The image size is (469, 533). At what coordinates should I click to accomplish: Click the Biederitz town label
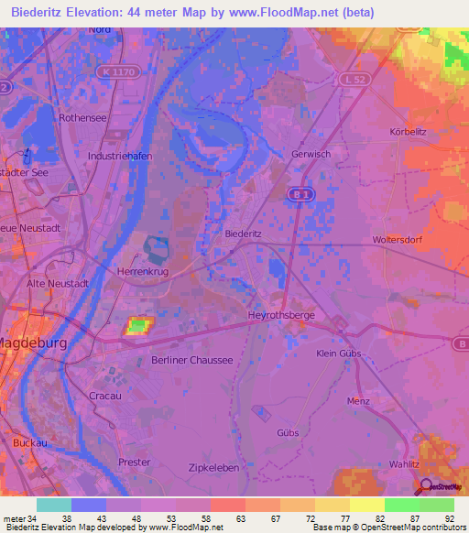(x=244, y=234)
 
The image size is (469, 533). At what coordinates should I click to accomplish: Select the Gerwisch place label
(x=311, y=154)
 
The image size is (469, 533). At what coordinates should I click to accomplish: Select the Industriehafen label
(x=119, y=157)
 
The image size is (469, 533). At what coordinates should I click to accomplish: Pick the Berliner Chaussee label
(x=192, y=361)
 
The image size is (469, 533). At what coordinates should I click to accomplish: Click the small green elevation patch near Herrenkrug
(x=137, y=324)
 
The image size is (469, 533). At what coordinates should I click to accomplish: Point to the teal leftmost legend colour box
(x=53, y=505)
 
